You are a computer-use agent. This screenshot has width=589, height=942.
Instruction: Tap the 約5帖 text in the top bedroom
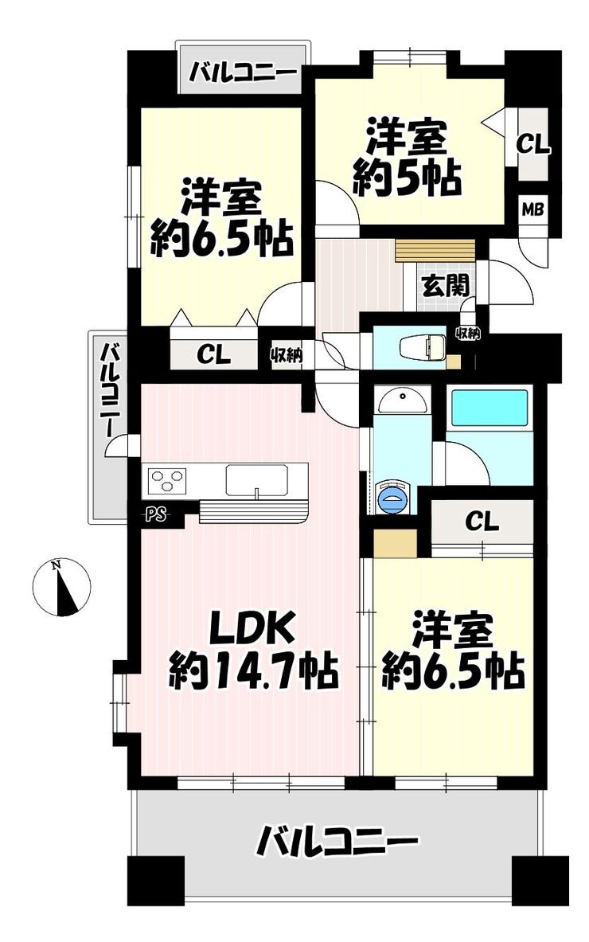[407, 178]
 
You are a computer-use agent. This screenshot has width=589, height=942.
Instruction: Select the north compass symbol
[62, 587]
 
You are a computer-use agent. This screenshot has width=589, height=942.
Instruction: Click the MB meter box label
[532, 210]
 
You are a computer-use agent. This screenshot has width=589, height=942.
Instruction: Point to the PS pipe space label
[155, 515]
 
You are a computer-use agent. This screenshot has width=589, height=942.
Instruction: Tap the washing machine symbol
[393, 497]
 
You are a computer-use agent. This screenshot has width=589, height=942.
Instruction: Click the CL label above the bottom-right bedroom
[482, 521]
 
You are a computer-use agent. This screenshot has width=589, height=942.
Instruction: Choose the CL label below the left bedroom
[214, 356]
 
